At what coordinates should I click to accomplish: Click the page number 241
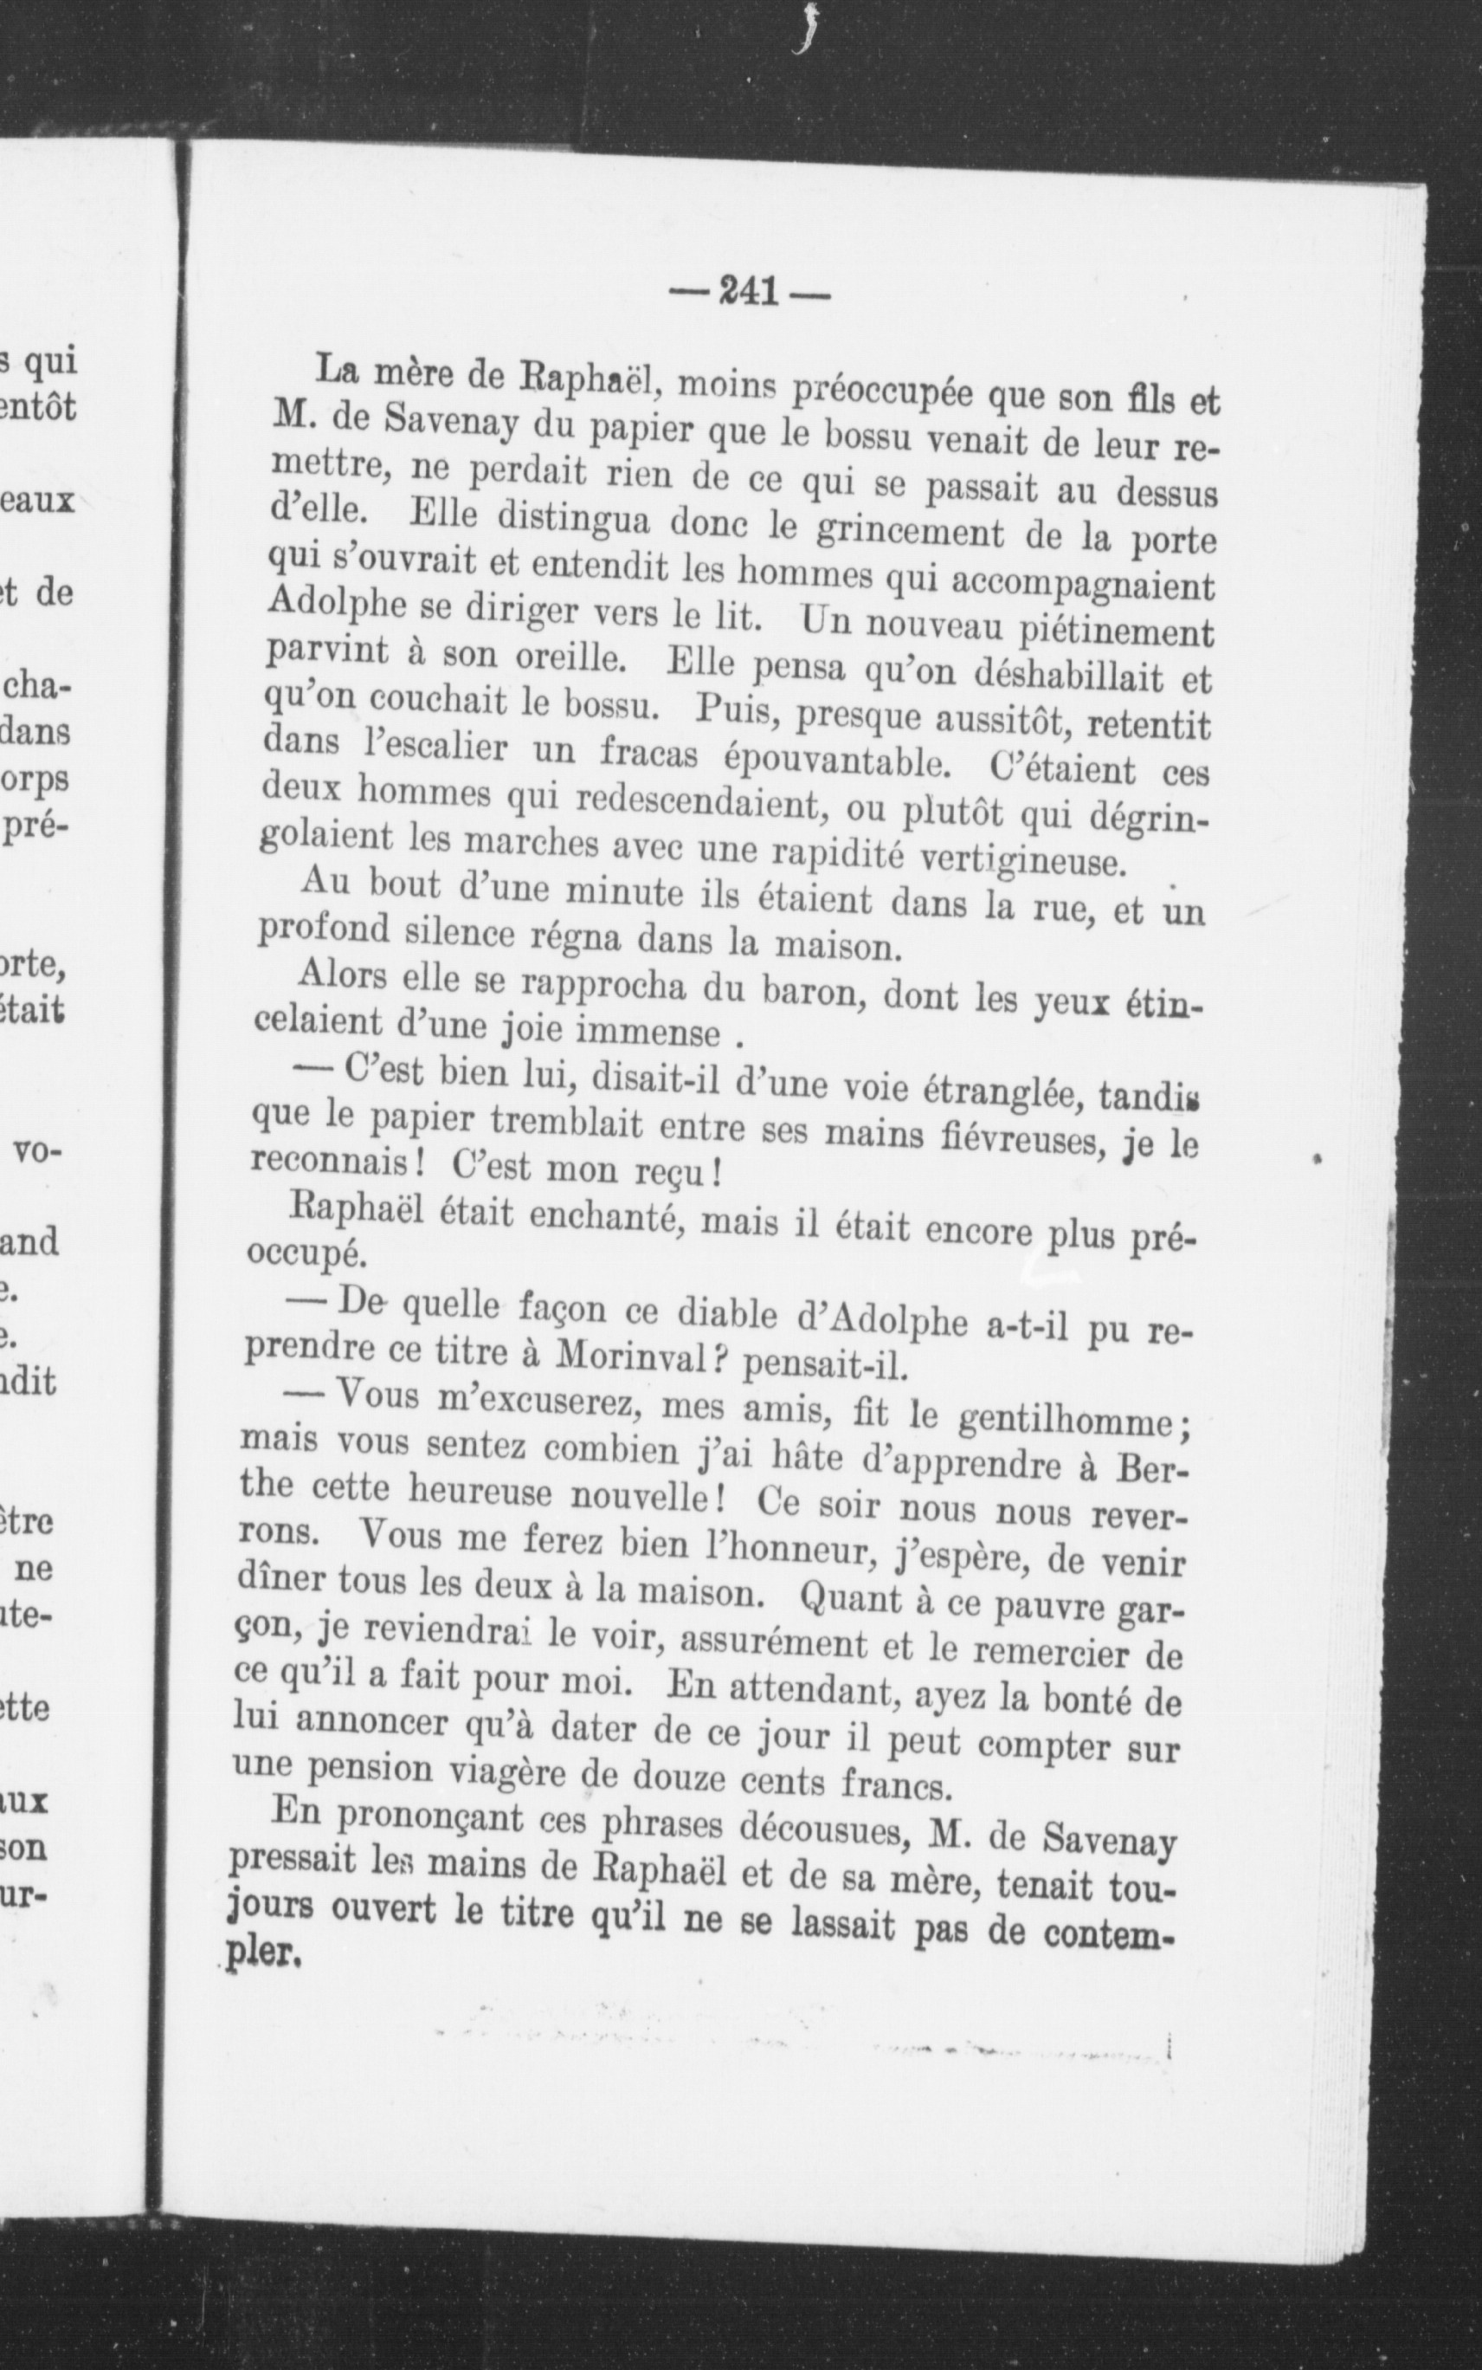[748, 291]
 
